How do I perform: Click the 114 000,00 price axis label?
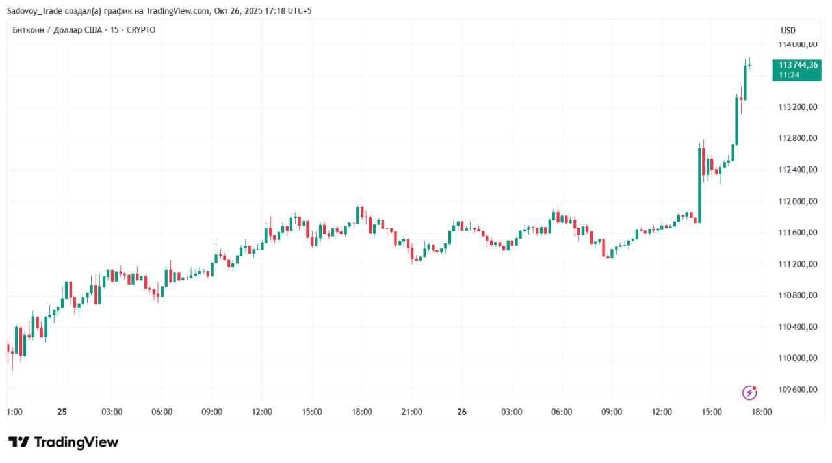[798, 44]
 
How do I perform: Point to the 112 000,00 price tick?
[798, 202]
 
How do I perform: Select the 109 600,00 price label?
[798, 390]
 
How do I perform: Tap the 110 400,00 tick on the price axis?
[798, 327]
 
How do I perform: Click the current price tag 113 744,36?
[796, 65]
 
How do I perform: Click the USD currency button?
[788, 31]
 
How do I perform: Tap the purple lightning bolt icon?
[749, 393]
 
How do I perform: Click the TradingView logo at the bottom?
[63, 443]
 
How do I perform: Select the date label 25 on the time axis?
[62, 412]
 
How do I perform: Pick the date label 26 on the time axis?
[462, 412]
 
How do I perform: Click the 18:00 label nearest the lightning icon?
[762, 412]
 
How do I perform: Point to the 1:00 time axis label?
[14, 412]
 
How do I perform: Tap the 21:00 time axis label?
[411, 412]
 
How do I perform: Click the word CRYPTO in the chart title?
[141, 30]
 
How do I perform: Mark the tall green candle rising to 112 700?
[700, 185]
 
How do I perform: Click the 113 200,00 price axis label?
[798, 107]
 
